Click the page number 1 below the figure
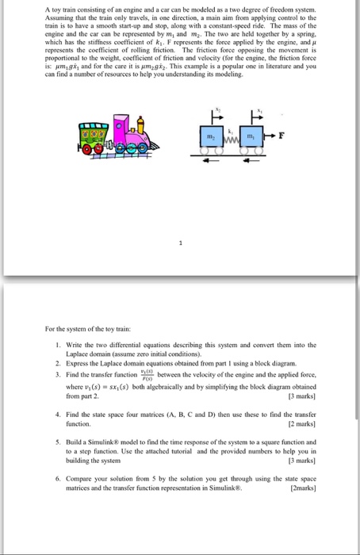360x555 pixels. coord(179,245)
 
